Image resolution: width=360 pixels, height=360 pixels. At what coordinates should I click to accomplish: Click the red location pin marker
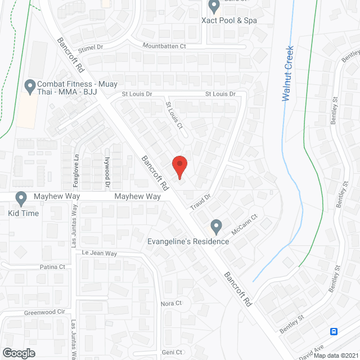(179, 166)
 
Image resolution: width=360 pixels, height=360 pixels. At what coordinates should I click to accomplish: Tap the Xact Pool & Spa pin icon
(214, 7)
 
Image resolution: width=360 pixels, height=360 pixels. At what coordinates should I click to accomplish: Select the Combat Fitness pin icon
(30, 87)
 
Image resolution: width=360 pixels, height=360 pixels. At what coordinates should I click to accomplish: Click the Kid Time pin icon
(21, 199)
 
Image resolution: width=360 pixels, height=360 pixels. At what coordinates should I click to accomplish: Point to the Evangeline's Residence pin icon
(215, 227)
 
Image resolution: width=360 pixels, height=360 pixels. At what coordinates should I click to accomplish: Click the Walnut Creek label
(288, 74)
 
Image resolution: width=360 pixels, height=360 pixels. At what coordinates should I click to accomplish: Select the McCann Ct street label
(244, 224)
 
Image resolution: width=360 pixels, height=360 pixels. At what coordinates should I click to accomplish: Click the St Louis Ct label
(174, 115)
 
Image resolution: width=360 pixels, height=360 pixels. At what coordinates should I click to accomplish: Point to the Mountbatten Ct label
(164, 46)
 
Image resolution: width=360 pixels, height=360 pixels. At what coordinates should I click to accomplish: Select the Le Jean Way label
(100, 254)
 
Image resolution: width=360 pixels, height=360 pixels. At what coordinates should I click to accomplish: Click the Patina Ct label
(52, 267)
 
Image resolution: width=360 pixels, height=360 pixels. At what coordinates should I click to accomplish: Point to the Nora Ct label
(171, 304)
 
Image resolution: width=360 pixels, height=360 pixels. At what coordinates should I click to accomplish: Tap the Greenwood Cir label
(44, 312)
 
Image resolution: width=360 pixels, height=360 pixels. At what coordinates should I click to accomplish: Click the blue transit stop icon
(334, 331)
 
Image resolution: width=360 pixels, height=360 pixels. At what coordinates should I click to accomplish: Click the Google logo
(19, 353)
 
